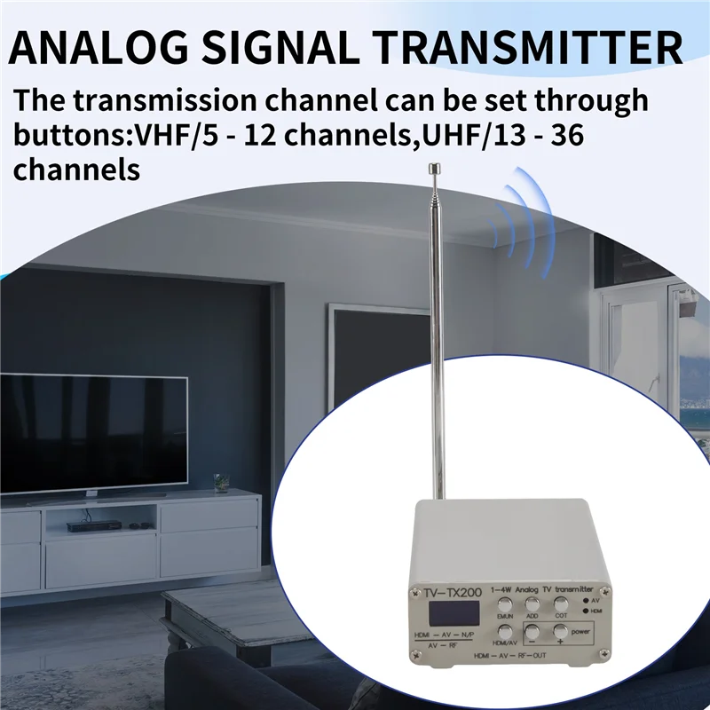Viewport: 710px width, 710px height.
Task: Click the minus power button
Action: [x=532, y=633]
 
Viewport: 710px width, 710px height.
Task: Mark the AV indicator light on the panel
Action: [x=587, y=601]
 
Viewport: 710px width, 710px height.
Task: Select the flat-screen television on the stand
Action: [x=93, y=434]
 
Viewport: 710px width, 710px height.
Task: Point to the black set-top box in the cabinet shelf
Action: [x=83, y=525]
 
